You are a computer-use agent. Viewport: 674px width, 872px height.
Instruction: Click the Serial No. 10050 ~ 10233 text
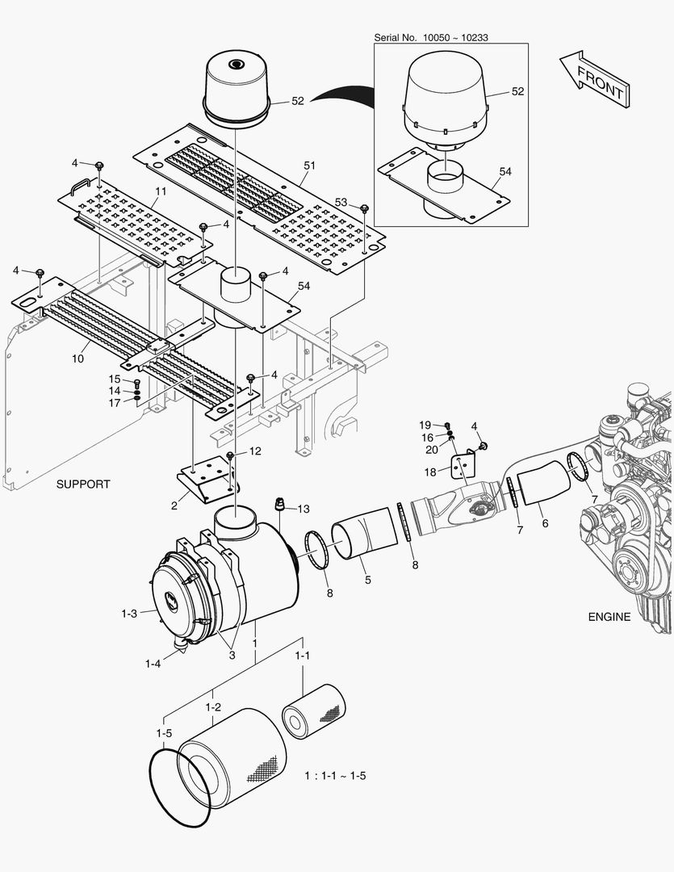431,38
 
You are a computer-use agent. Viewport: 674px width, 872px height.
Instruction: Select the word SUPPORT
83,484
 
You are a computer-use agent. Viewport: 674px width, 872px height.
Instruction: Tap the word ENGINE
609,617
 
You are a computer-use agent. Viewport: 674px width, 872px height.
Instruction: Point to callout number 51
309,165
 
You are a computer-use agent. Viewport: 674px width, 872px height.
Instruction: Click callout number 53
341,202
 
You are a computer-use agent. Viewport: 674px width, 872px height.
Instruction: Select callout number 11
161,191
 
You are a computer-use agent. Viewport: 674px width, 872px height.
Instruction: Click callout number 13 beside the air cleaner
303,509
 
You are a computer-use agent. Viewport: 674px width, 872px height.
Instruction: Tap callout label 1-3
129,614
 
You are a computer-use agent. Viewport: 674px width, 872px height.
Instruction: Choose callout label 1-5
164,733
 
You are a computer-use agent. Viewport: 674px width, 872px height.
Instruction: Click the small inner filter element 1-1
314,711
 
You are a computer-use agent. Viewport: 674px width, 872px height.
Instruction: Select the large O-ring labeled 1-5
180,787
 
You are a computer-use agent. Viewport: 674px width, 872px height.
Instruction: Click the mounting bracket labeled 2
208,478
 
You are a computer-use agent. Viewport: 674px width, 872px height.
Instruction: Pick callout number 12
254,451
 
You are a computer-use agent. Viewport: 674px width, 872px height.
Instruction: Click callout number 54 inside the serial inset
505,172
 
